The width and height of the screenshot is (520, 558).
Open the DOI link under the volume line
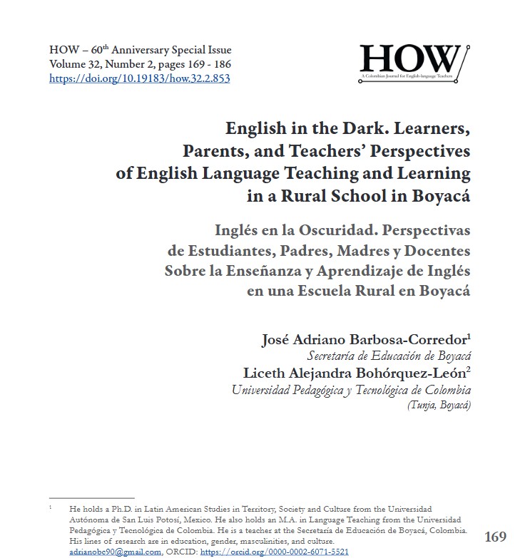pos(139,78)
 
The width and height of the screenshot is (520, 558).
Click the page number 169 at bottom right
pos(495,536)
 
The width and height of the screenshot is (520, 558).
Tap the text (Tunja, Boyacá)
pos(439,405)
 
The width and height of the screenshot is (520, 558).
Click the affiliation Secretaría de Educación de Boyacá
pos(389,355)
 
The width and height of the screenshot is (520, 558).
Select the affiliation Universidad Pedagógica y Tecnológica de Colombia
pos(351,389)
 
